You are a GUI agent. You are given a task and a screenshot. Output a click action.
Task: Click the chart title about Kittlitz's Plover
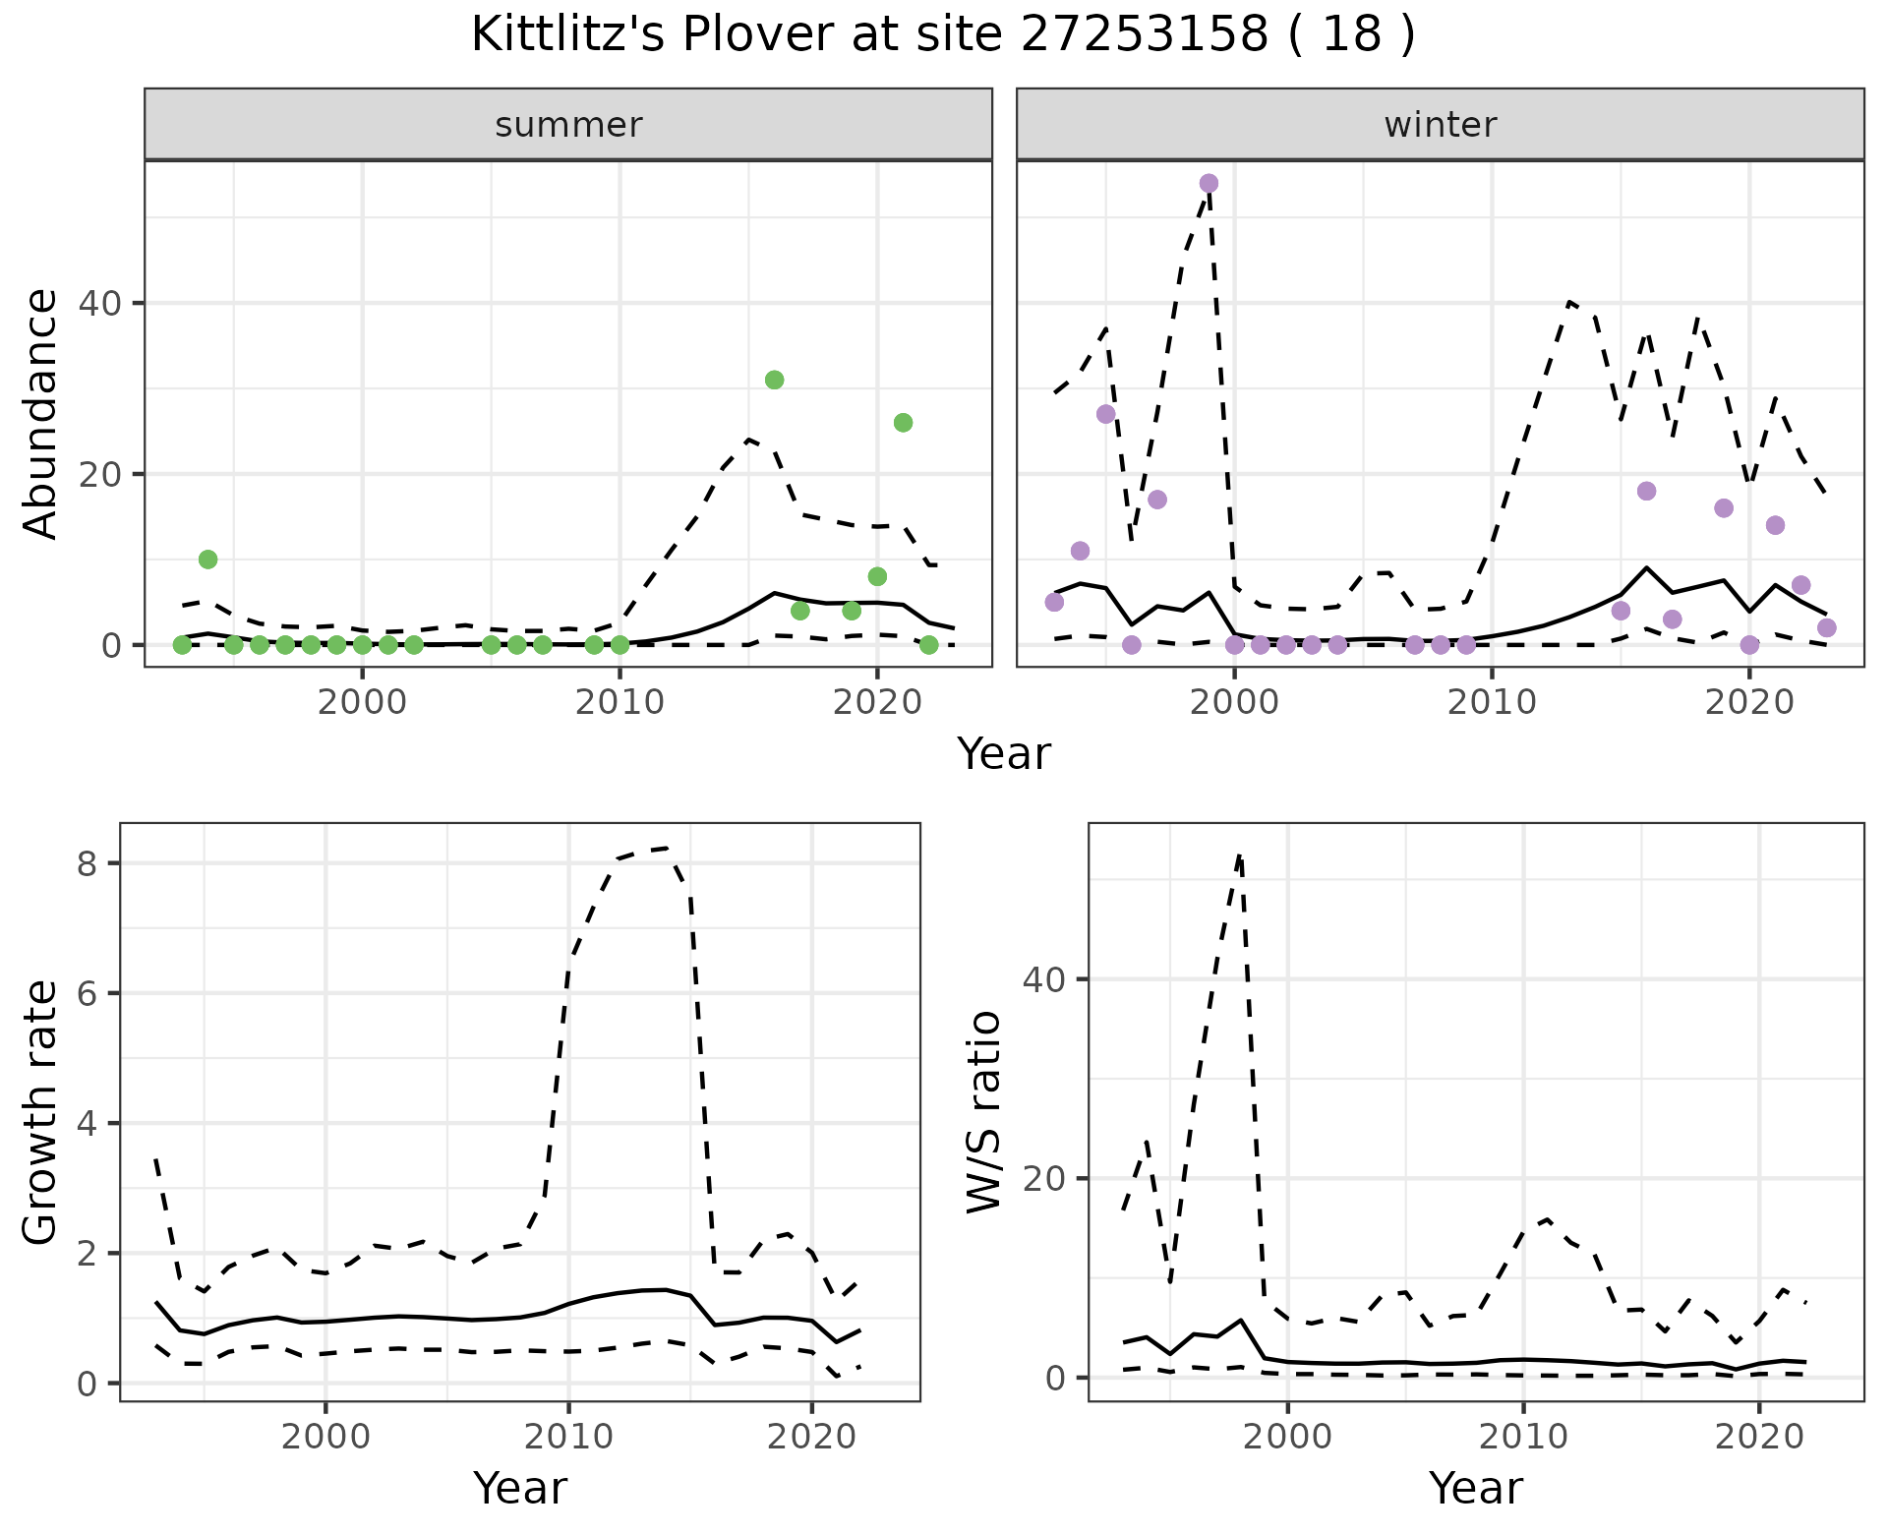click(943, 35)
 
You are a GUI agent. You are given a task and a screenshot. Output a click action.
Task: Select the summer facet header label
click(568, 125)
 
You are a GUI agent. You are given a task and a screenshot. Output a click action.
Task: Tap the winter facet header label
click(1440, 125)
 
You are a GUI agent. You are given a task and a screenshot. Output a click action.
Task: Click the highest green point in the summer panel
click(774, 380)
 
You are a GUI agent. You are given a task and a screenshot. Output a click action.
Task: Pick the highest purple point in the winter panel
click(1209, 183)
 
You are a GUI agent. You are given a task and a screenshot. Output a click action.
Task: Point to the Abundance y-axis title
click(41, 413)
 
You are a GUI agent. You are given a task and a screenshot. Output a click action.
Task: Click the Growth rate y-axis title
click(41, 1113)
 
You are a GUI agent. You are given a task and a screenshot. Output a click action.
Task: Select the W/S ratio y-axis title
click(983, 1113)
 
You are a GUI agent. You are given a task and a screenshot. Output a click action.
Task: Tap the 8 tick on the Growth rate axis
click(87, 863)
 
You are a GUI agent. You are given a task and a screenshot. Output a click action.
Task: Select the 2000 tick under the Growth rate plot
click(325, 1437)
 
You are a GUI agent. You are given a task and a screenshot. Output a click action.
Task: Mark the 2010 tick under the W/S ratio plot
click(1522, 1437)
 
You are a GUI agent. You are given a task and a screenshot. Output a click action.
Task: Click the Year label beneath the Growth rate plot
click(520, 1488)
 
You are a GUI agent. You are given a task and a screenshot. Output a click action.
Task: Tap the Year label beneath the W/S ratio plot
click(1476, 1488)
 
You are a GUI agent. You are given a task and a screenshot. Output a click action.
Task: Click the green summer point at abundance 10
click(207, 560)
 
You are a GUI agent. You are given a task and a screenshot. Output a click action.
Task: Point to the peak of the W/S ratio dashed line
click(1240, 855)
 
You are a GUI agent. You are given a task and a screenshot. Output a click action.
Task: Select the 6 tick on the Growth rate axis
click(87, 993)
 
